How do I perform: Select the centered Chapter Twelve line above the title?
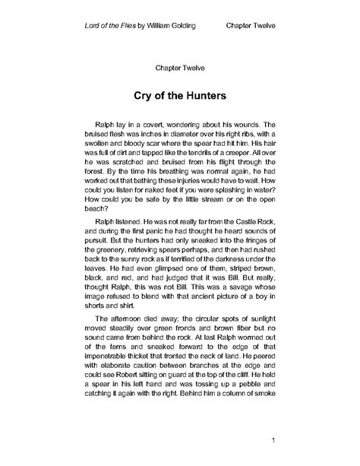pos(180,68)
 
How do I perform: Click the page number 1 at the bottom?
pos(271,440)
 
